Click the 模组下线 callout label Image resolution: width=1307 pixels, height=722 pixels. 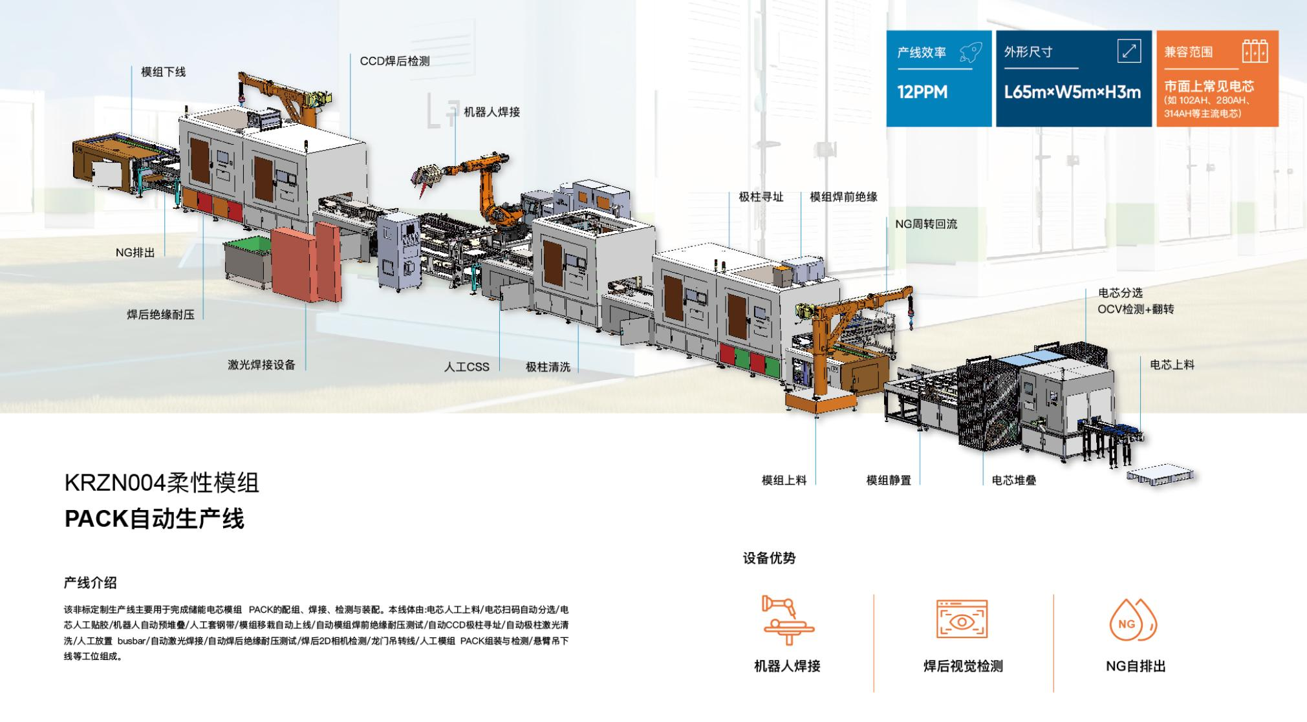pos(163,72)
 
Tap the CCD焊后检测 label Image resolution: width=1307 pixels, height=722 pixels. pos(394,61)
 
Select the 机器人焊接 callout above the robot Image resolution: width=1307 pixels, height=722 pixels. pos(491,112)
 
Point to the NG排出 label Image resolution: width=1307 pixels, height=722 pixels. pos(135,253)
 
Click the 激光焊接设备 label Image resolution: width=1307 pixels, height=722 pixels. pos(261,365)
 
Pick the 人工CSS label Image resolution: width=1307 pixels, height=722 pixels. pos(466,367)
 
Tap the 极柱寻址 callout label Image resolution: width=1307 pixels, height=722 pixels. pos(761,197)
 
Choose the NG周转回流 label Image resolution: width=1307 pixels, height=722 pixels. pos(925,224)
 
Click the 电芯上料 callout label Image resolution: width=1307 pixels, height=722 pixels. pos(1172,365)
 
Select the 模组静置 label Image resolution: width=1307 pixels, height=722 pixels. pos(889,480)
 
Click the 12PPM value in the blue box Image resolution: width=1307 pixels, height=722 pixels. pos(922,92)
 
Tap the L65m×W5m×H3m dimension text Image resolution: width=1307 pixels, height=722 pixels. pos(1072,92)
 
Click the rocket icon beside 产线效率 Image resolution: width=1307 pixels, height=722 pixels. pos(971,52)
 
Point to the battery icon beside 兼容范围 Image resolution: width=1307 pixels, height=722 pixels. pos(1255,52)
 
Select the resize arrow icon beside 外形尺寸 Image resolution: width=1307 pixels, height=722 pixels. pos(1129,51)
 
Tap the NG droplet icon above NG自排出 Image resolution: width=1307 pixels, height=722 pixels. pos(1132,622)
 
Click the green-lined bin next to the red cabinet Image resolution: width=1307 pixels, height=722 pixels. pos(248,260)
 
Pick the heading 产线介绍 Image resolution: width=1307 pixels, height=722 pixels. pos(90,582)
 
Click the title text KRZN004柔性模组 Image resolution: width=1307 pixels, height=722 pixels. pos(162,483)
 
